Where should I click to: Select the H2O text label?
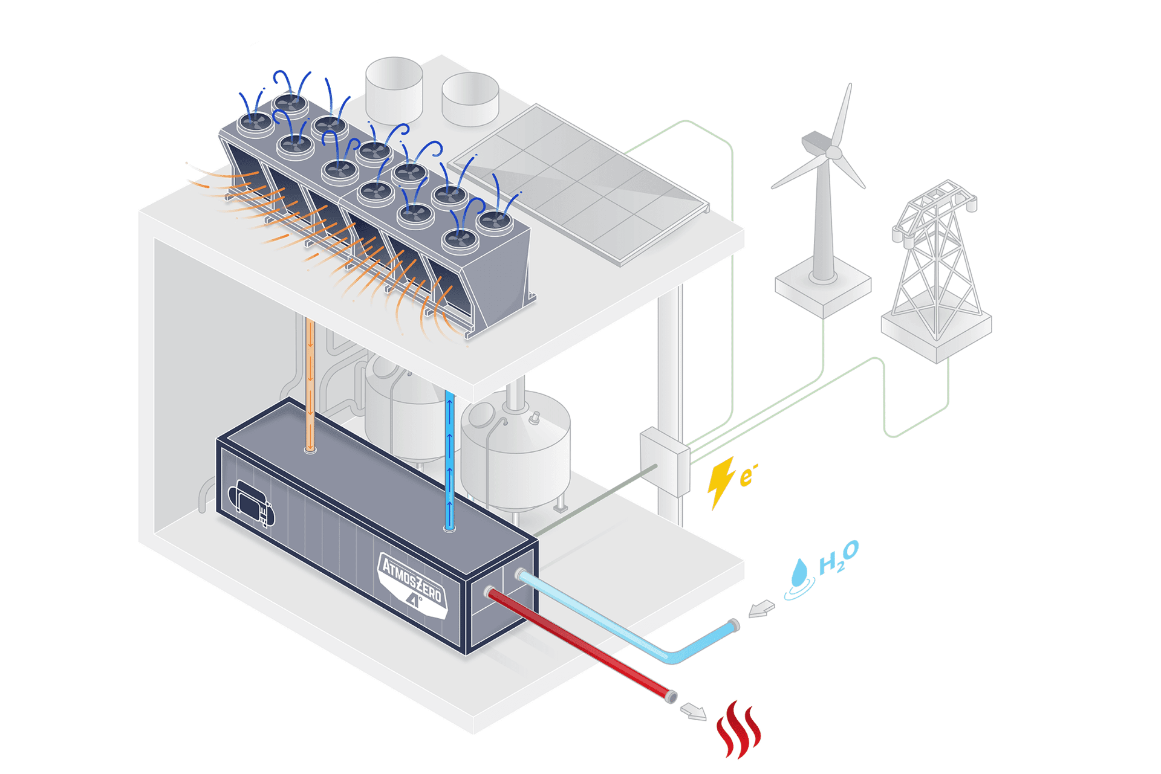[838, 557]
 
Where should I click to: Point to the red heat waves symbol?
[738, 730]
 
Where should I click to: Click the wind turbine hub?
[834, 153]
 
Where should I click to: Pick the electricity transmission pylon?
[936, 266]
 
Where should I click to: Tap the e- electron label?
[747, 476]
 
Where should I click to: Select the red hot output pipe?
[580, 644]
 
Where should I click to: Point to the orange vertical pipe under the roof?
[310, 387]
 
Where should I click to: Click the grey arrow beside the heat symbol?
[694, 711]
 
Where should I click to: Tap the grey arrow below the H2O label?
[761, 609]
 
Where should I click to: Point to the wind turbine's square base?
[823, 290]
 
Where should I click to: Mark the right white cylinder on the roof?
[470, 100]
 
